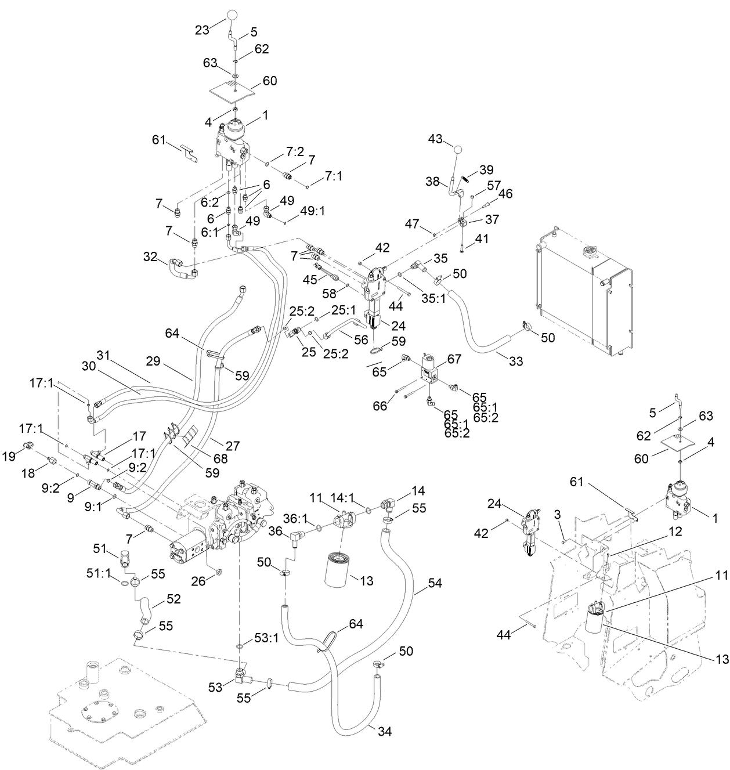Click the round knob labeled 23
(232, 15)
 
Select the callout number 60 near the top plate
(270, 81)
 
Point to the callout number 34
(384, 732)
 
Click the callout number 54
(435, 582)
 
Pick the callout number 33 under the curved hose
(515, 361)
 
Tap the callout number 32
(150, 256)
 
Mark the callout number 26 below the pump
(198, 580)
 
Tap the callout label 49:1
(313, 211)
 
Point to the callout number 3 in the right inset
(557, 515)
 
